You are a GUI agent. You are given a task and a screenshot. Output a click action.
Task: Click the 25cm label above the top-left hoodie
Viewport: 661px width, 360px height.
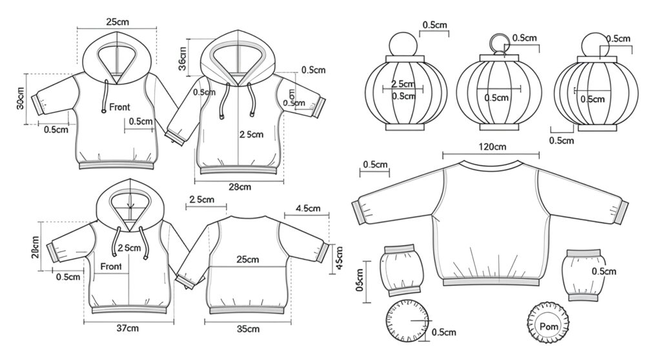tap(117, 22)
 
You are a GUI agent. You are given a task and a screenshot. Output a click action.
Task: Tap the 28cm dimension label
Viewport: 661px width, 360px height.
tap(239, 187)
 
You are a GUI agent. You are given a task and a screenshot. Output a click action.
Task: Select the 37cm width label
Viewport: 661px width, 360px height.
tap(128, 328)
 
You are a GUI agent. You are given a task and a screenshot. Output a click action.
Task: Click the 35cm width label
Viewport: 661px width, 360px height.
tap(248, 329)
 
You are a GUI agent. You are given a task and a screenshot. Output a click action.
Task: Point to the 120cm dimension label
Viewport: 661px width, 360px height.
tap(492, 147)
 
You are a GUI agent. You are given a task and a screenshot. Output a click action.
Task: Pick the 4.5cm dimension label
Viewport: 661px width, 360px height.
tap(309, 208)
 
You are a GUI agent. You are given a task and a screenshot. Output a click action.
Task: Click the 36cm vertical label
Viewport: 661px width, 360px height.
tap(183, 59)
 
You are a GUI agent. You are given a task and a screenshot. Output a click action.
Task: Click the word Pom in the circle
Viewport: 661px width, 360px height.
tap(548, 326)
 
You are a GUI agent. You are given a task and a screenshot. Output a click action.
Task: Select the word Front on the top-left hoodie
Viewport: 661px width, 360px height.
tap(119, 106)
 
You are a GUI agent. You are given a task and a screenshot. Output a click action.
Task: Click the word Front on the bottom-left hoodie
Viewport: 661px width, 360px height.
tap(110, 266)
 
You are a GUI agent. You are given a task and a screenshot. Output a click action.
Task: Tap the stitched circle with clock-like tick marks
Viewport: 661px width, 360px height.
tap(408, 322)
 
